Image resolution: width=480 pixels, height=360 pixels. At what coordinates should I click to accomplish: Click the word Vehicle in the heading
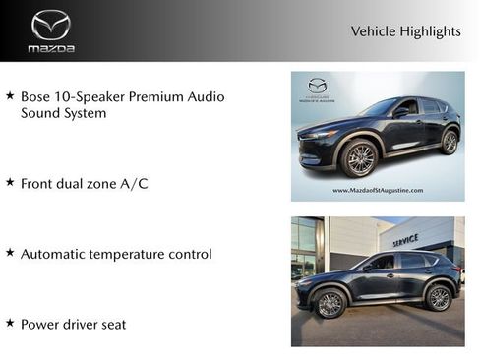[x=371, y=31]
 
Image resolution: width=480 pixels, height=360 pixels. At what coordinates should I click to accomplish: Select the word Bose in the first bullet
[x=36, y=96]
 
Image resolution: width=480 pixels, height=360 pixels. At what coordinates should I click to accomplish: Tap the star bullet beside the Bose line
[x=10, y=96]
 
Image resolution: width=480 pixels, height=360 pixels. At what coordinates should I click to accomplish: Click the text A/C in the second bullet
[x=132, y=183]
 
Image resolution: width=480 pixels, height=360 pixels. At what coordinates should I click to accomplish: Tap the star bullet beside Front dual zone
[x=10, y=182]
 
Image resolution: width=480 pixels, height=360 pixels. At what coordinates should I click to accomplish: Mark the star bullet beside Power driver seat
[x=10, y=323]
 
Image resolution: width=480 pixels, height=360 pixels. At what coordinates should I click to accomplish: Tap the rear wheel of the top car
[x=450, y=142]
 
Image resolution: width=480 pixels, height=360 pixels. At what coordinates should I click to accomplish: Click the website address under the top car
[x=378, y=190]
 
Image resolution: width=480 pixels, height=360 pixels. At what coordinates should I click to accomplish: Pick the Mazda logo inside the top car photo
[x=317, y=86]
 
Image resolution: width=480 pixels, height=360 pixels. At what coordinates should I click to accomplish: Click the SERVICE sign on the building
[x=405, y=240]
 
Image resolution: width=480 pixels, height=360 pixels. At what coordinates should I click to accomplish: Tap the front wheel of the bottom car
[x=330, y=304]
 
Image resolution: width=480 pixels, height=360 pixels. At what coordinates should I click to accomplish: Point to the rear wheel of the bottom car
[x=439, y=298]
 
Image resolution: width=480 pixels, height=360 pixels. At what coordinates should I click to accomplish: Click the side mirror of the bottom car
[x=368, y=267]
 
